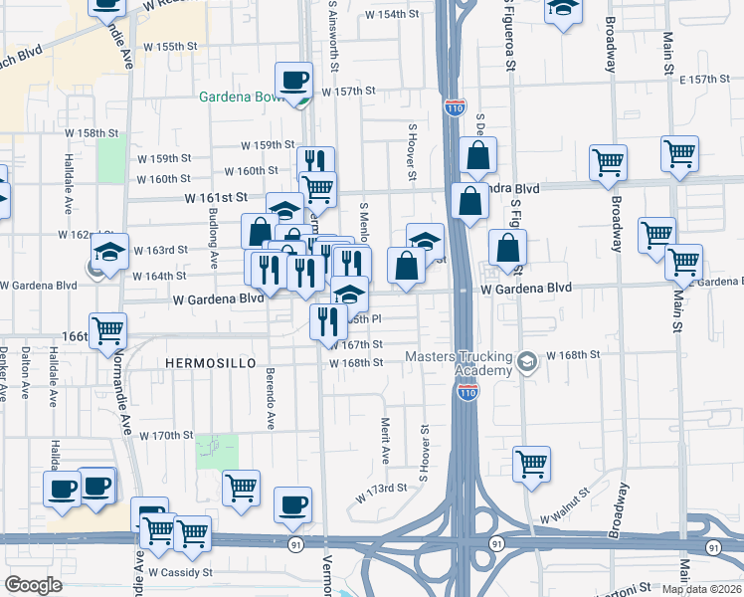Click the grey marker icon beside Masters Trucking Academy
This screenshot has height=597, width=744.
528,363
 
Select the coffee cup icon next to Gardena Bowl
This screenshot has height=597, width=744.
293,80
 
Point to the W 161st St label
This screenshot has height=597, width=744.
215,198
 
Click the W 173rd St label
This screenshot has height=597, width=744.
383,488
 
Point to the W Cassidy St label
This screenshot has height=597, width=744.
180,572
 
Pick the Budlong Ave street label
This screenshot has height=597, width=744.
214,240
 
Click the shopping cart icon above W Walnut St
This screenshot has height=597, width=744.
532,463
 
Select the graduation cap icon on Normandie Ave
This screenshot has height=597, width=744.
109,251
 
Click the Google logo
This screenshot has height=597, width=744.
33,585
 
